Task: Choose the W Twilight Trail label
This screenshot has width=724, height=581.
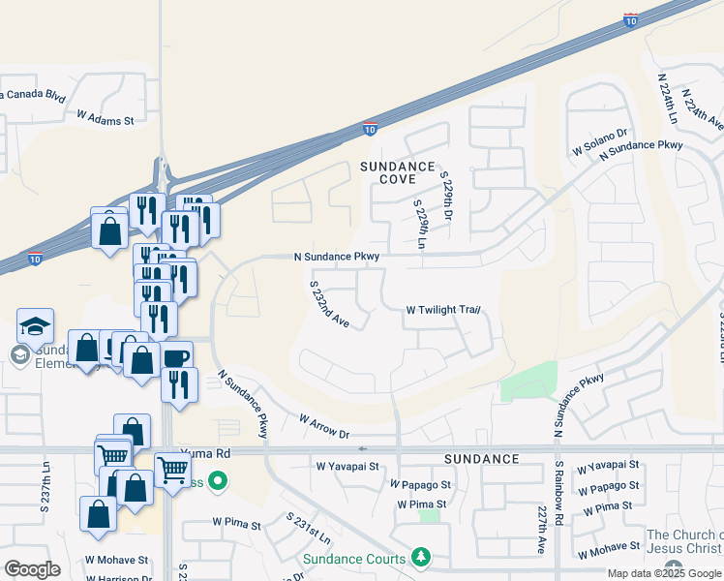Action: [x=443, y=311]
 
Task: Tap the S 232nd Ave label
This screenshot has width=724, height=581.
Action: [x=329, y=304]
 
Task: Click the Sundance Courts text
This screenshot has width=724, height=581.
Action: [x=355, y=559]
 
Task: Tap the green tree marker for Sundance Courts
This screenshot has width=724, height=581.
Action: [x=420, y=557]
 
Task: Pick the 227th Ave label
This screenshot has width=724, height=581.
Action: [x=542, y=529]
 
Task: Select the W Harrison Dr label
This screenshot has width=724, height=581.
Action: [x=118, y=578]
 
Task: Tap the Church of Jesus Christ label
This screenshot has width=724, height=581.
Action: [x=683, y=542]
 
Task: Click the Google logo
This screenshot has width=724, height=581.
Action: [x=32, y=569]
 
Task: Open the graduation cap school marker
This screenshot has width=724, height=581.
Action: [x=35, y=327]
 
